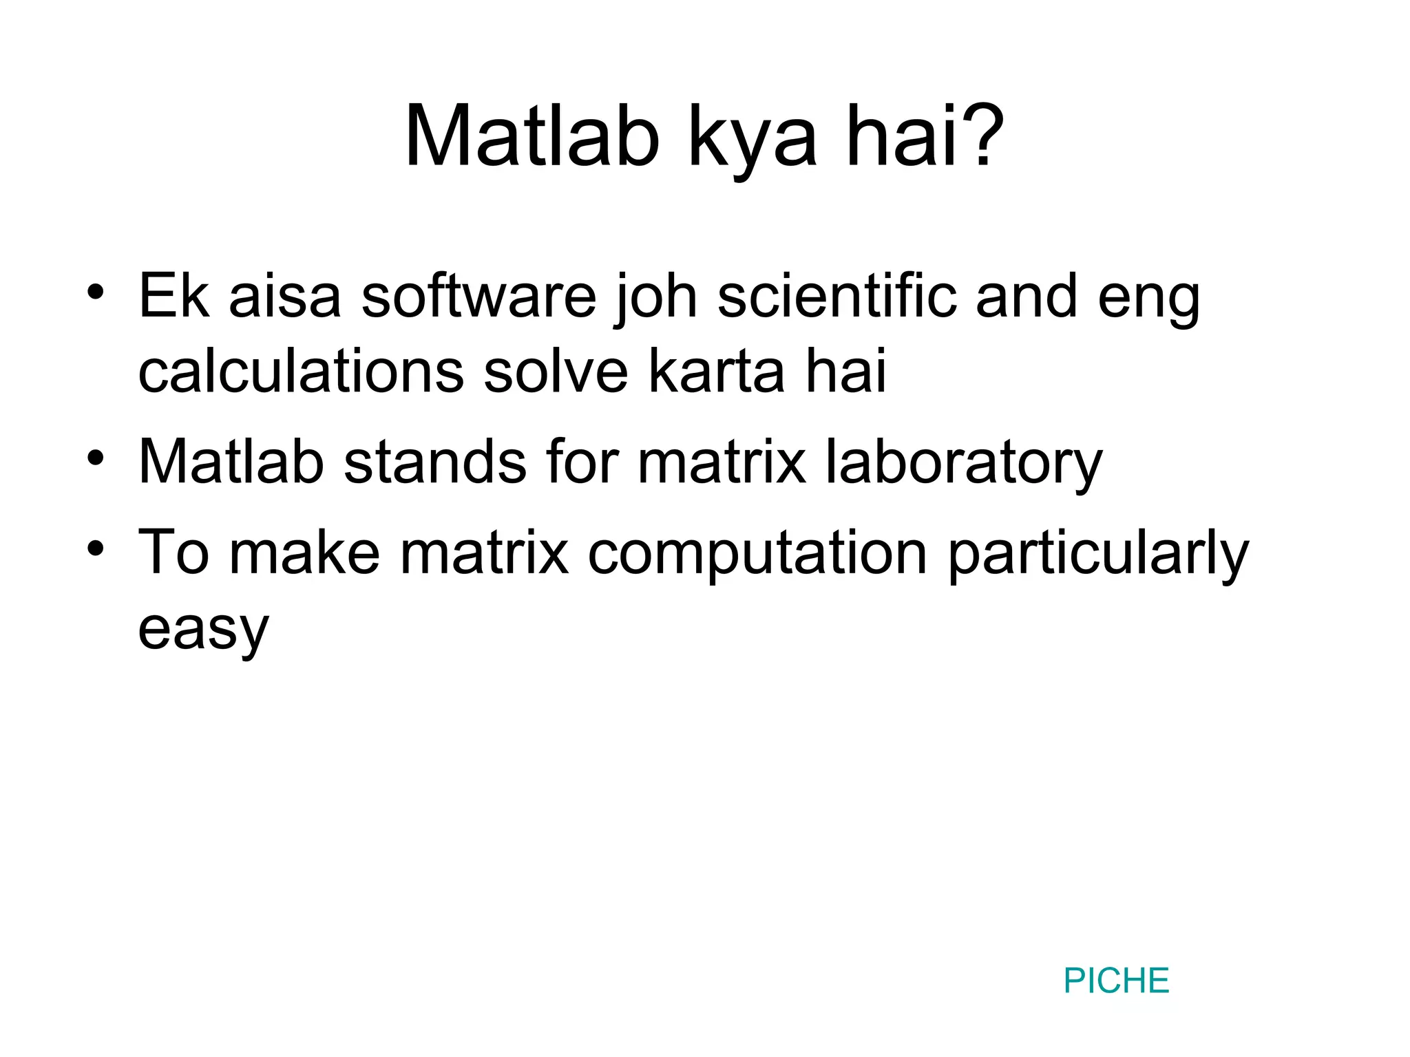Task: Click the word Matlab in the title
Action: (532, 136)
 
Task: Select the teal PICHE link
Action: (1116, 981)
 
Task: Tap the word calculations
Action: (301, 372)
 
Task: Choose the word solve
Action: (556, 372)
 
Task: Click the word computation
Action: (758, 553)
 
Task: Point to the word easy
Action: (203, 630)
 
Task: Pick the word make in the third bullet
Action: (304, 553)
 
